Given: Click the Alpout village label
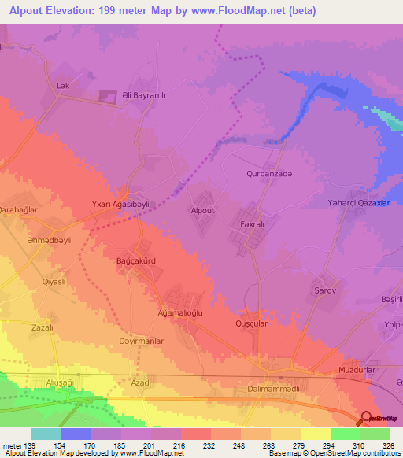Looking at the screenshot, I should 202,211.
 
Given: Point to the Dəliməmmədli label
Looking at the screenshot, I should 268,389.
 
